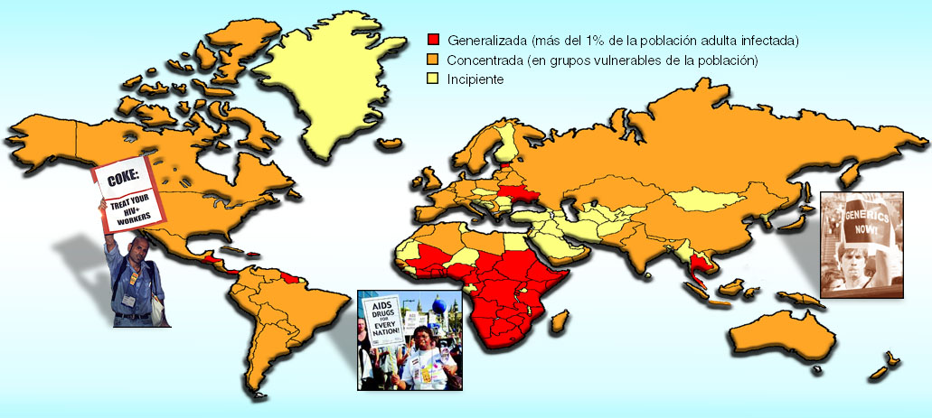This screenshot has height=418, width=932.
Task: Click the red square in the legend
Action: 434,41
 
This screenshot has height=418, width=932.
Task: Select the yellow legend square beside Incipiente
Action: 434,79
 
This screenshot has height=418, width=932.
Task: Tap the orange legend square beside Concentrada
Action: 434,60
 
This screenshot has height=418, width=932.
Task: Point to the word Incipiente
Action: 475,79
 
